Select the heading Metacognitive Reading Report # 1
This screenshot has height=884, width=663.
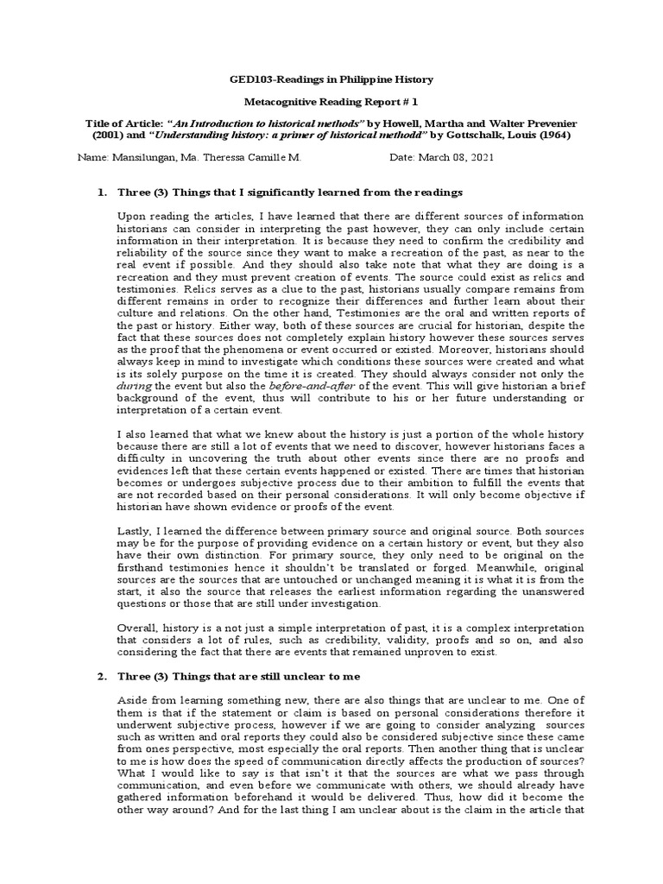[x=331, y=101]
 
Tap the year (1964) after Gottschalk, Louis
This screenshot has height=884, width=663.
[x=546, y=136]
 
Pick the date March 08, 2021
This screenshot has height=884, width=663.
[x=467, y=159]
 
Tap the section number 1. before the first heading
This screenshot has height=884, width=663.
[x=99, y=192]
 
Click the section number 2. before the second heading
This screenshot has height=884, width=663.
[x=99, y=674]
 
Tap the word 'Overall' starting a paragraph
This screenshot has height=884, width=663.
[x=136, y=629]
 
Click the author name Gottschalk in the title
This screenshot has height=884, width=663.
[x=472, y=136]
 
